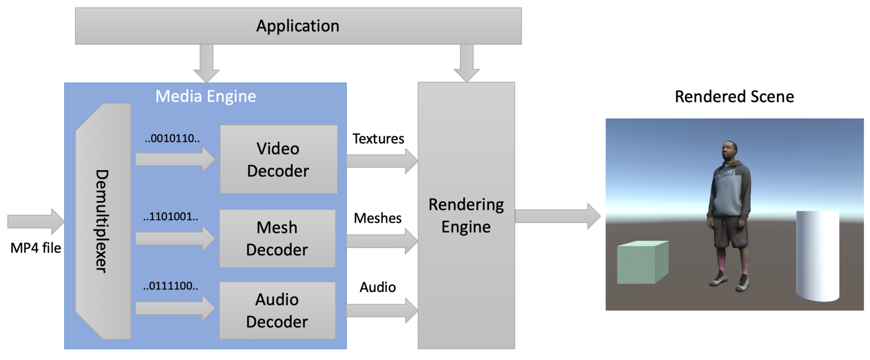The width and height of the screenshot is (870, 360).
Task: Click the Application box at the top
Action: pyautogui.click(x=298, y=26)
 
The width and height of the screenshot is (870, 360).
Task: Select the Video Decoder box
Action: pyautogui.click(x=278, y=160)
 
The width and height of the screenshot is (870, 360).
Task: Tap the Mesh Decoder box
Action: pyautogui.click(x=277, y=239)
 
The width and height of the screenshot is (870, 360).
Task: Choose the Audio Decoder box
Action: pyautogui.click(x=277, y=311)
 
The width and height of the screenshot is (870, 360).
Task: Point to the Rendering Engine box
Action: pyautogui.click(x=466, y=215)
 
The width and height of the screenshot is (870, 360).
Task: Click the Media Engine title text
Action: pyautogui.click(x=205, y=96)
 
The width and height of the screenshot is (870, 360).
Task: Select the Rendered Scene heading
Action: pyautogui.click(x=734, y=97)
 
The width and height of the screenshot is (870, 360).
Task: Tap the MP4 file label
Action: pyautogui.click(x=36, y=248)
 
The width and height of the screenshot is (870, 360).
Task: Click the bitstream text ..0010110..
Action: pyautogui.click(x=172, y=138)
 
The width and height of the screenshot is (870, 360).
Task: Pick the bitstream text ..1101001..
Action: pyautogui.click(x=171, y=217)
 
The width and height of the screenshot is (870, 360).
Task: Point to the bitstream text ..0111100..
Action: pyautogui.click(x=171, y=286)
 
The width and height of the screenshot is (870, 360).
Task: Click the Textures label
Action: pyautogui.click(x=378, y=139)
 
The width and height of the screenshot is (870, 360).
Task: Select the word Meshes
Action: pyautogui.click(x=378, y=218)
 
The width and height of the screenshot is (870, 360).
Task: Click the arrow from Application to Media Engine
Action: pyautogui.click(x=206, y=62)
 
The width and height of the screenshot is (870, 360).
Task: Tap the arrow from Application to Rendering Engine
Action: pyautogui.click(x=467, y=62)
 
